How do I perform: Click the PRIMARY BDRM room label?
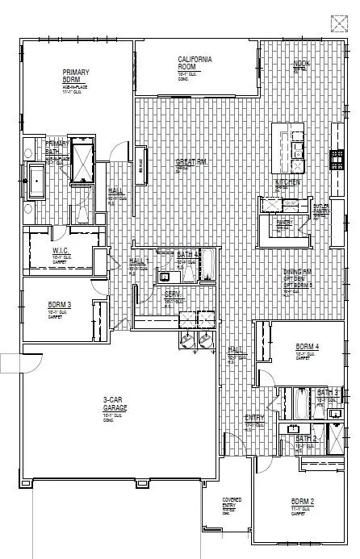(x=75, y=77)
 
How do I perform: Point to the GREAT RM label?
(x=191, y=162)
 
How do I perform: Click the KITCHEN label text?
(x=287, y=183)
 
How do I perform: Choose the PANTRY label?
(x=283, y=223)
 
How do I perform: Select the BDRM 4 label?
(x=307, y=347)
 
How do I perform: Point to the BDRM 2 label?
(x=303, y=501)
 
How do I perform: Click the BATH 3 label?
(x=327, y=393)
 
